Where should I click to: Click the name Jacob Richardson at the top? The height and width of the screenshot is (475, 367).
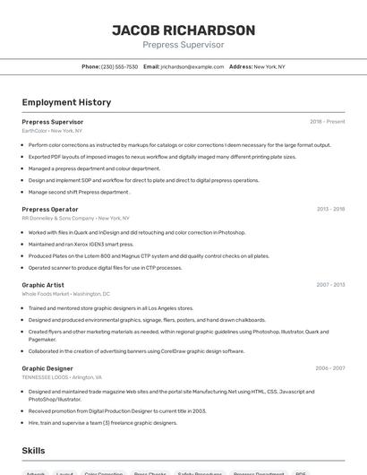183,30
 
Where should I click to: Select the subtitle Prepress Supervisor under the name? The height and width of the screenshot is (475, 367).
183,45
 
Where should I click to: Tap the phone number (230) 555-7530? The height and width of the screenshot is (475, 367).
120,66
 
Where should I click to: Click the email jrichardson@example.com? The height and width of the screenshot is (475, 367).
192,66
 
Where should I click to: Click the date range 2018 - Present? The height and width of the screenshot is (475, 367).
327,121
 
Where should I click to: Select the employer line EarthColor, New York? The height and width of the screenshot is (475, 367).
52,130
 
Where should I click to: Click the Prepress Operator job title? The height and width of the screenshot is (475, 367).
50,209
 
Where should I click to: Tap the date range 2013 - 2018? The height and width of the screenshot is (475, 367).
330,209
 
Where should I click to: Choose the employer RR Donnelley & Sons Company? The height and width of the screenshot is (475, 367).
58,218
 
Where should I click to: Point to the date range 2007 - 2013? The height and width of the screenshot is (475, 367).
330,284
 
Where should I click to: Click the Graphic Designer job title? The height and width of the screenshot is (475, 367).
47,367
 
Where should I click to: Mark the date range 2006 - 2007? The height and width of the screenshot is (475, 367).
330,367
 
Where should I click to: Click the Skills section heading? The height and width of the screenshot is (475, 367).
34,450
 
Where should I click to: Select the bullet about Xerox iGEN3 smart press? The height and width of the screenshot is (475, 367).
81,244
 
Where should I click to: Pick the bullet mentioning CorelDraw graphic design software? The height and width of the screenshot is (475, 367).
136,351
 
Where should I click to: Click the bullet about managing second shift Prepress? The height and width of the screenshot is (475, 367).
79,192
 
